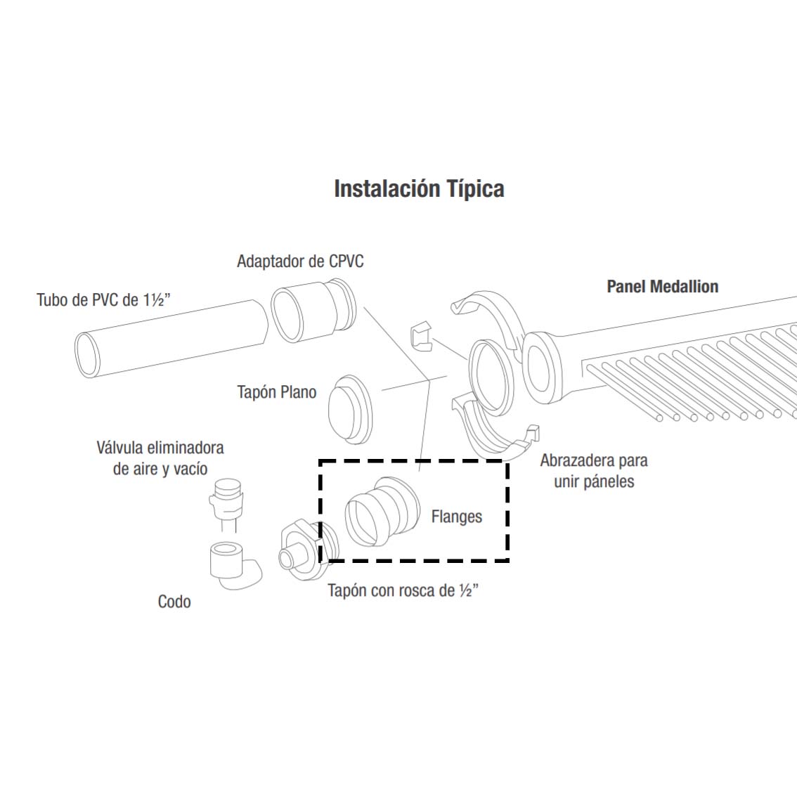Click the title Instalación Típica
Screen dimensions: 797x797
click(419, 189)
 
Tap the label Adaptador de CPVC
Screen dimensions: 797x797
click(300, 261)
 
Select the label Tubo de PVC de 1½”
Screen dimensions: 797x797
click(103, 299)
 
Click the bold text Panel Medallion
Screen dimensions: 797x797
click(662, 286)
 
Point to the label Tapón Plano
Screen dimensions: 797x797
click(276, 392)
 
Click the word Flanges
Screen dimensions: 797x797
click(456, 517)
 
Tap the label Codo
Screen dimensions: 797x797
click(174, 602)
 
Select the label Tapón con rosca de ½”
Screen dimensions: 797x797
click(403, 590)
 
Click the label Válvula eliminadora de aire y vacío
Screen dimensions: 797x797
click(160, 458)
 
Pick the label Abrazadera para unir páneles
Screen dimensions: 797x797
click(594, 471)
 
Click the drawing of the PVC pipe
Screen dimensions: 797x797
click(171, 339)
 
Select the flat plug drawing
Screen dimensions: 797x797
click(350, 408)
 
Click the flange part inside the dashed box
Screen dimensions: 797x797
click(382, 512)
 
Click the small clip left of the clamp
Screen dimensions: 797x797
click(420, 337)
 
